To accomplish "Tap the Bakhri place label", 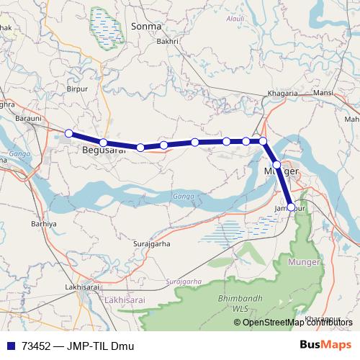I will click(x=167, y=42).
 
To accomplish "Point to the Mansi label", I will click(x=323, y=94).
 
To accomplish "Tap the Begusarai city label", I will click(x=101, y=151).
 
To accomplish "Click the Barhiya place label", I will click(x=44, y=224).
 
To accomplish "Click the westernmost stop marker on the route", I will click(x=68, y=133).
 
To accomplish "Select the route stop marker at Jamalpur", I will click(x=291, y=207).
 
